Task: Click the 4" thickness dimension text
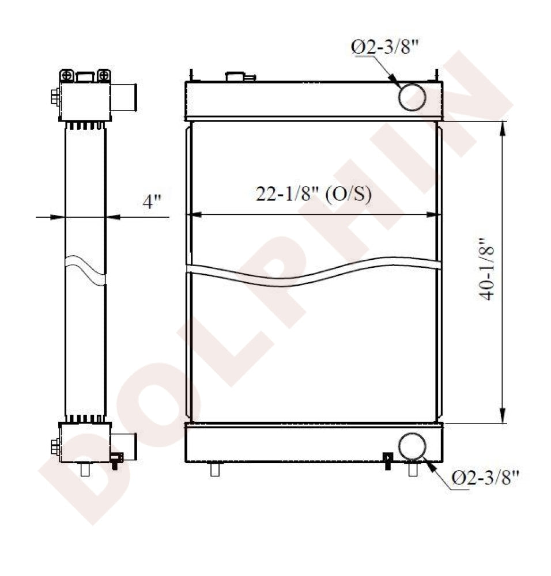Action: click(x=153, y=202)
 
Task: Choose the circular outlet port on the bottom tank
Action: click(x=412, y=446)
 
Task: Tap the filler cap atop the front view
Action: click(x=239, y=76)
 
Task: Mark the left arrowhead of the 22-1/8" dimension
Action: click(x=195, y=215)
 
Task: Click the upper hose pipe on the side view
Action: click(x=123, y=97)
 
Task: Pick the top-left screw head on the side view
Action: click(x=67, y=75)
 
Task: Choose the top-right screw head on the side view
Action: click(x=104, y=75)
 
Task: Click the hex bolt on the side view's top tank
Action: click(x=55, y=97)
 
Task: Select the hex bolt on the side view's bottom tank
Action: click(x=55, y=446)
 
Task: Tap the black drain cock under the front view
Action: click(x=388, y=461)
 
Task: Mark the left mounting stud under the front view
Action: click(x=215, y=469)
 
